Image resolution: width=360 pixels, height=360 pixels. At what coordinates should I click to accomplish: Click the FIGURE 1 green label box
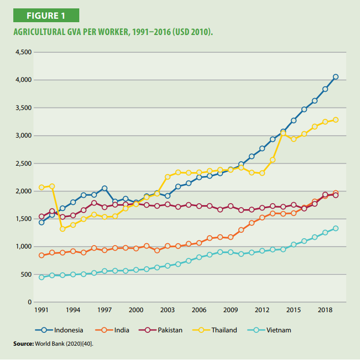click(46, 15)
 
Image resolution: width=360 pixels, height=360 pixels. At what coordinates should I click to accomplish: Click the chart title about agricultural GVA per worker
click(113, 32)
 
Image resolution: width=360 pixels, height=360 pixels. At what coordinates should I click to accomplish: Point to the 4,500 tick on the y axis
click(24, 52)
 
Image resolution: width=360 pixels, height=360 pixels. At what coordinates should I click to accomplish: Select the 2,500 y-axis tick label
click(24, 163)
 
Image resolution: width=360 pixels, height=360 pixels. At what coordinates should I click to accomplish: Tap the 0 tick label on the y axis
click(30, 302)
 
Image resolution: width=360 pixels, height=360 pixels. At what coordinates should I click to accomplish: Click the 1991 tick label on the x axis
click(41, 310)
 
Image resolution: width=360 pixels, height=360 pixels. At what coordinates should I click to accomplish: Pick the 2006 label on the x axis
click(199, 310)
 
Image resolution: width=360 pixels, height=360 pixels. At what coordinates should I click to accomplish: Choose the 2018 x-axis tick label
click(325, 310)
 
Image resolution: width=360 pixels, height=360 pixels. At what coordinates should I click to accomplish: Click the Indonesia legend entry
click(59, 330)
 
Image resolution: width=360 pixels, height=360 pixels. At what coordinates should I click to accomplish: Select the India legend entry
click(112, 330)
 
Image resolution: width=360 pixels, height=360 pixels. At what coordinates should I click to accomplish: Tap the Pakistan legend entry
click(161, 330)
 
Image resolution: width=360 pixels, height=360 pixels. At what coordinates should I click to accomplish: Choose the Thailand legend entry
click(215, 330)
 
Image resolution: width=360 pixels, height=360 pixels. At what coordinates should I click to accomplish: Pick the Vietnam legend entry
click(269, 330)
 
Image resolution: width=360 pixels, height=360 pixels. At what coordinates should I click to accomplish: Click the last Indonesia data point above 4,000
click(336, 77)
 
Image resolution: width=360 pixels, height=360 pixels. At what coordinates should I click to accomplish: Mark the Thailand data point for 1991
click(41, 187)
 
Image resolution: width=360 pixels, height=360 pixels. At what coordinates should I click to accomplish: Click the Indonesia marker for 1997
click(104, 188)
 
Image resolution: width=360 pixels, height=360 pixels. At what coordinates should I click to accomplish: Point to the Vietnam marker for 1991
click(41, 277)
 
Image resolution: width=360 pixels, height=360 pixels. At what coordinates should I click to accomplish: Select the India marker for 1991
click(41, 255)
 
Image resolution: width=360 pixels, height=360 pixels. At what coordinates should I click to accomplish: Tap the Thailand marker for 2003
click(167, 177)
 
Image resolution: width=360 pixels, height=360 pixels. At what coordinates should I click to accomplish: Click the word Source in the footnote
click(24, 344)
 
